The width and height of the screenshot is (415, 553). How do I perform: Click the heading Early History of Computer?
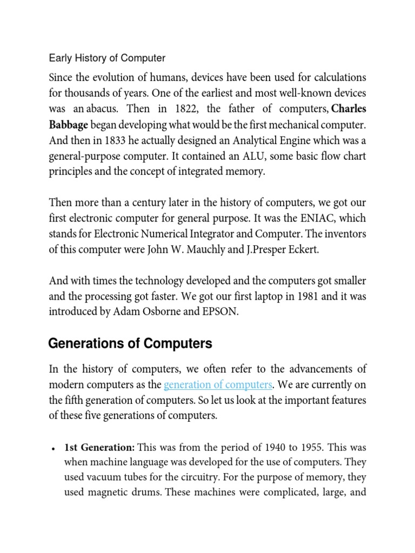(x=107, y=58)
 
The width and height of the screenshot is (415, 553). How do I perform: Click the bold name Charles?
(x=349, y=109)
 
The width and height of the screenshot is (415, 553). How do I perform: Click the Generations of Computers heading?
(x=130, y=343)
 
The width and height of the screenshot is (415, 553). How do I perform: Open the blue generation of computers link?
(x=217, y=385)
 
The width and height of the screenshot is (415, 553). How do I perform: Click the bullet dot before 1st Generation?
(x=52, y=449)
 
